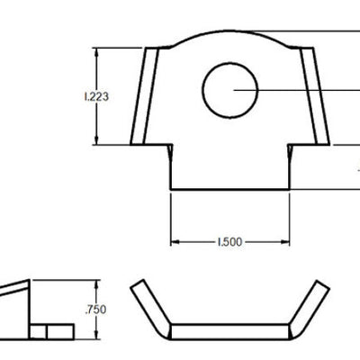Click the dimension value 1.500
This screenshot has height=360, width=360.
[229, 242]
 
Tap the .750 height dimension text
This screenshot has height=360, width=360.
[94, 309]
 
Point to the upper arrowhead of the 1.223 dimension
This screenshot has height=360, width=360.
[95, 51]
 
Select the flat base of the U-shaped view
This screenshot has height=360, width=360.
[229, 330]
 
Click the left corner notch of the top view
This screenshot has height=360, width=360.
[170, 148]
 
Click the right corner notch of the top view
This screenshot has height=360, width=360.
[290, 148]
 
